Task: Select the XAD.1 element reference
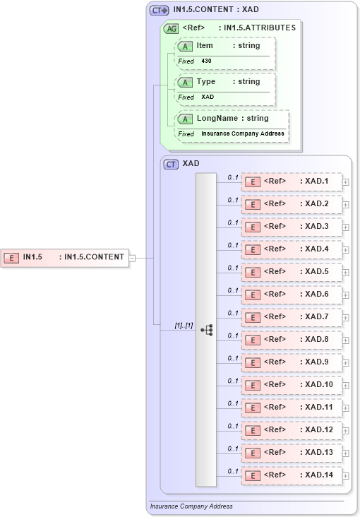292,182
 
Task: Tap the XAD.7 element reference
292,317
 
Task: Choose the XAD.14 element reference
292,475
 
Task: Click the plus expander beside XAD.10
346,385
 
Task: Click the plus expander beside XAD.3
346,227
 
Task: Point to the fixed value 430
206,61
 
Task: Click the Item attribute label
205,46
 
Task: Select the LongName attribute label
218,118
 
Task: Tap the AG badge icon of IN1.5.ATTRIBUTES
171,28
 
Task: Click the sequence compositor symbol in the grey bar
206,330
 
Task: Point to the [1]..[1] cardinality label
184,325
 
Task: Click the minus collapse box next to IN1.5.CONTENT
132,258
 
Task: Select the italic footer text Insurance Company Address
191,506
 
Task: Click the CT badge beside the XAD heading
171,164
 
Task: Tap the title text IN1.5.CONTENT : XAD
217,10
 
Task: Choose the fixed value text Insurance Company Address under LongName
243,133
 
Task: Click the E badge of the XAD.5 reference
252,272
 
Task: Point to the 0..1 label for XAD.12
233,426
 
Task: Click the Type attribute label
206,81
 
